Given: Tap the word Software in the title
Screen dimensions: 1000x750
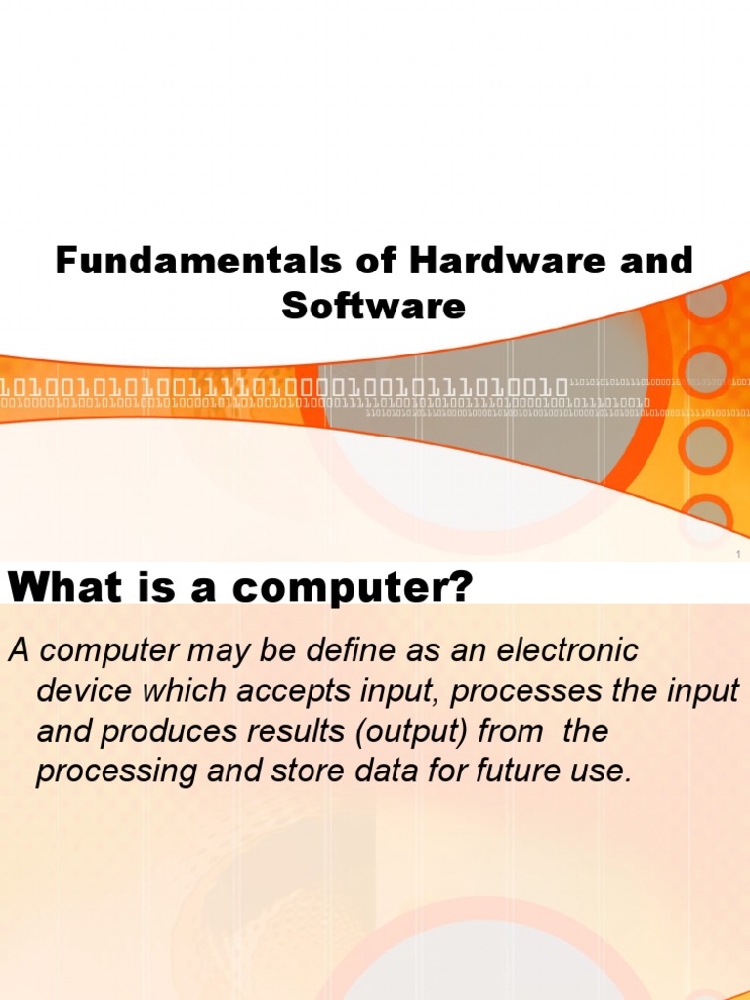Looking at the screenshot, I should tap(374, 307).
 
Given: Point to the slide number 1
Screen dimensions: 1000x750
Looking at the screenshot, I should tap(739, 555).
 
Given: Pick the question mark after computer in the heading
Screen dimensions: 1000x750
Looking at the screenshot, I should tap(462, 588).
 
